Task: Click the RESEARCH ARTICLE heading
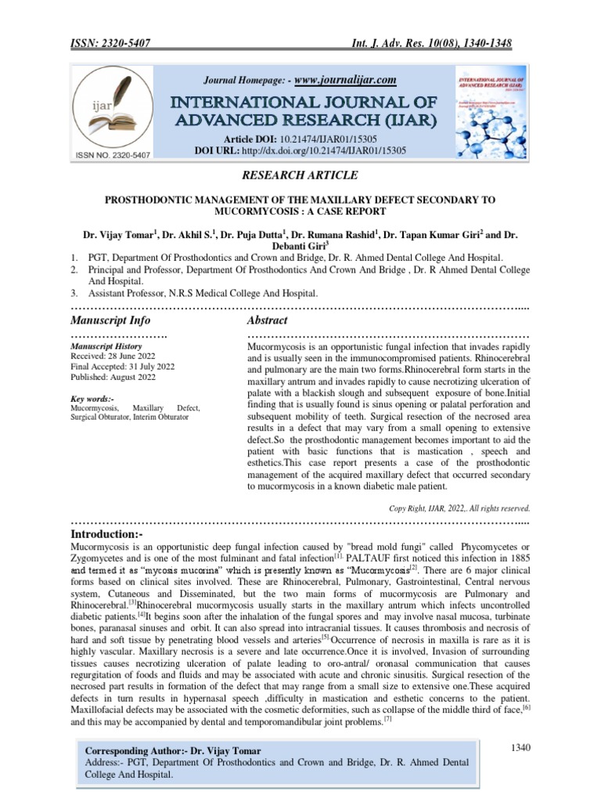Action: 300,175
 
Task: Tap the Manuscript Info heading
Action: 110,320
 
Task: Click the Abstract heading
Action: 267,320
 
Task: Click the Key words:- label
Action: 92,398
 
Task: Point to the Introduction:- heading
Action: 113,533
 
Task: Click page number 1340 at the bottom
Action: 520,748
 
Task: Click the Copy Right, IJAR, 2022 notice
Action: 460,508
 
